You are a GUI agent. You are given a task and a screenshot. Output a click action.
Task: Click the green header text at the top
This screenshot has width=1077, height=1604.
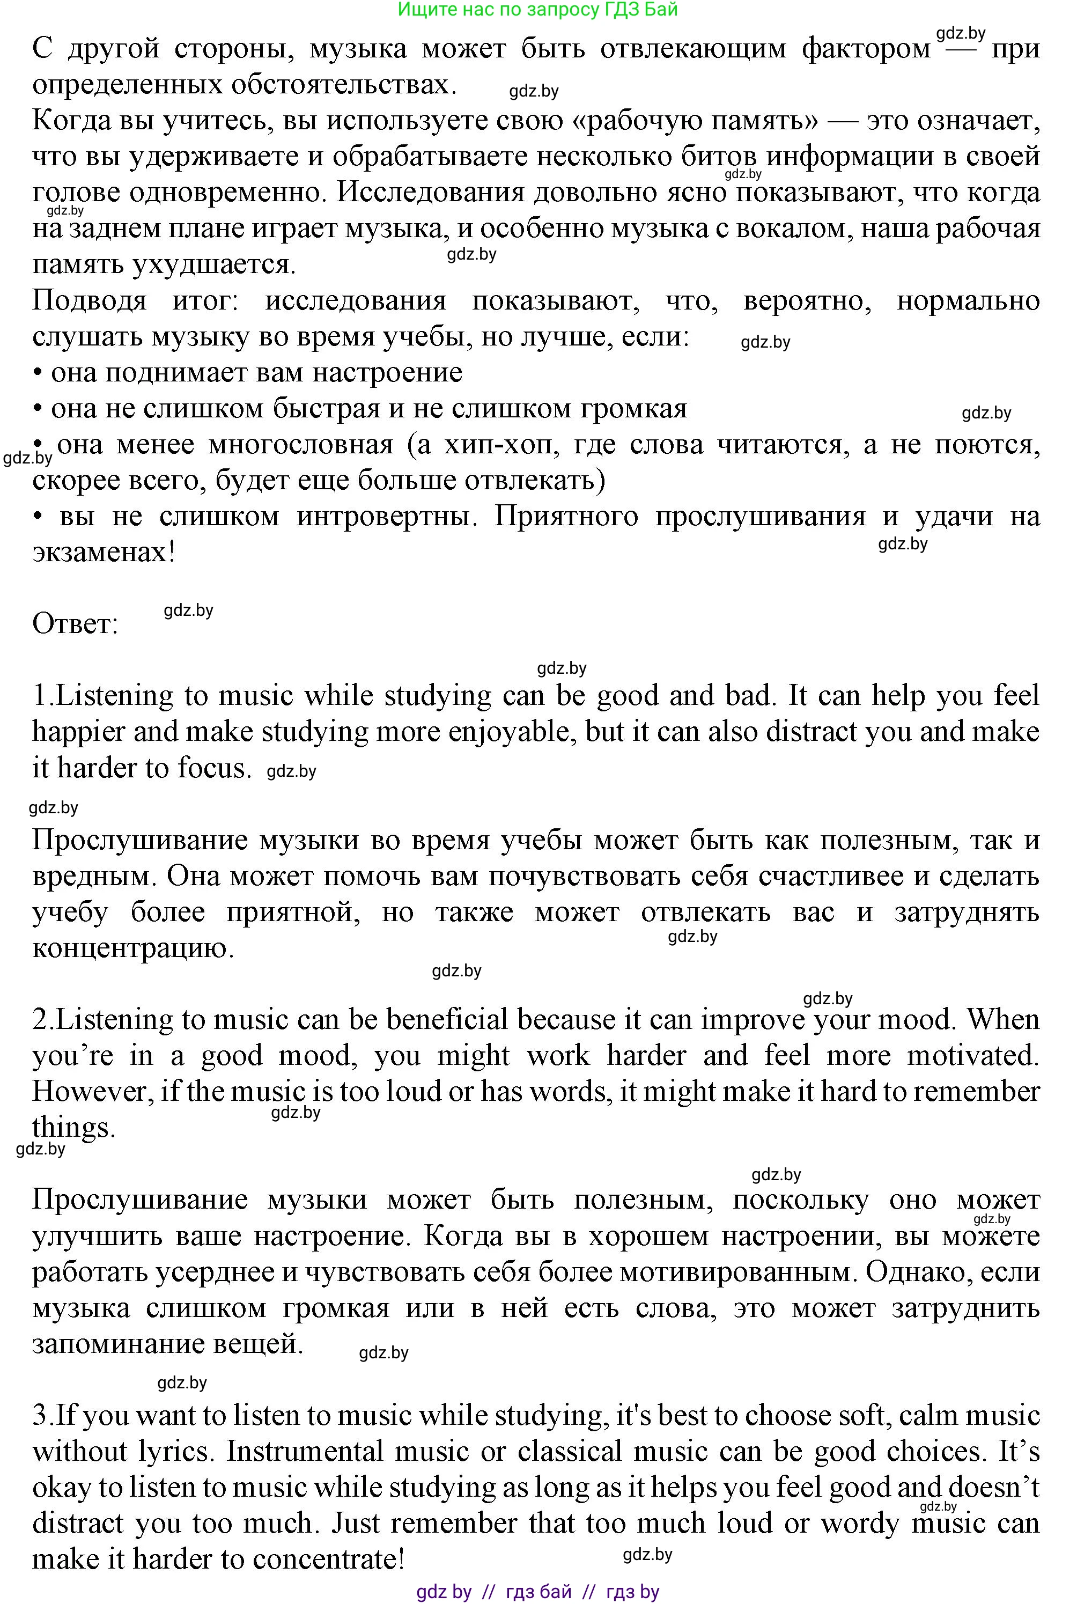point(538,10)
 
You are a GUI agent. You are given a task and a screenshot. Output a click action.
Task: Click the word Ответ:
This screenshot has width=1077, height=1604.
point(75,624)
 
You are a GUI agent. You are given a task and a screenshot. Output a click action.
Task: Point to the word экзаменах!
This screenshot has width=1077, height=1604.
point(104,551)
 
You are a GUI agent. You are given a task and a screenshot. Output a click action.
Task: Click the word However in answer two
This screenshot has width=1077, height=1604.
point(92,1091)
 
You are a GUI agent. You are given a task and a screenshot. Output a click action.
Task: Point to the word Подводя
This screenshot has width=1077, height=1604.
point(89,300)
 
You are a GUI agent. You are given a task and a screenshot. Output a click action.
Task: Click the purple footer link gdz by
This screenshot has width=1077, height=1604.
point(444,1591)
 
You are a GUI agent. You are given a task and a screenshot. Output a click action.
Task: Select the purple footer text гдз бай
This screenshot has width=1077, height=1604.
point(538,1591)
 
